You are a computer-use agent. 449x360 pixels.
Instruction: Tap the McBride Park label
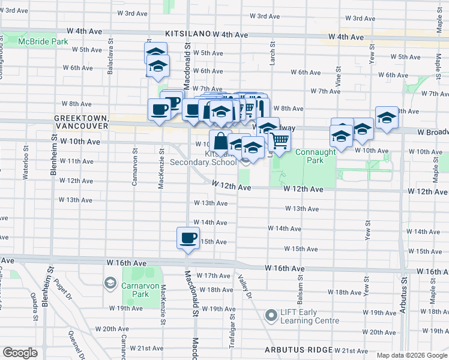43,41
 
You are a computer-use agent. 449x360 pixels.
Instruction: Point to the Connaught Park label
316,157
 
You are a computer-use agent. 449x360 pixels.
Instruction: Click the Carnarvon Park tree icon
110,282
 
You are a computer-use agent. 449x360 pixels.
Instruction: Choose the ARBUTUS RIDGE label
299,349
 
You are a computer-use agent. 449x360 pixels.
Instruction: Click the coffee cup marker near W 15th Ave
188,238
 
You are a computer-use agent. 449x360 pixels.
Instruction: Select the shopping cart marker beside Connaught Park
279,140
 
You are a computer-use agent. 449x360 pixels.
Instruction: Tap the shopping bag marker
220,141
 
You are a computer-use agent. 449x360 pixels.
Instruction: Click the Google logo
20,353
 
